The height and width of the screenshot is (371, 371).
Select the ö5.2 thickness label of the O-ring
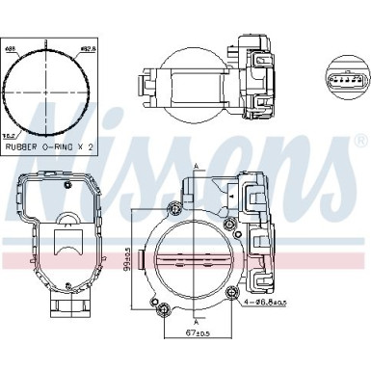coord(9,136)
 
